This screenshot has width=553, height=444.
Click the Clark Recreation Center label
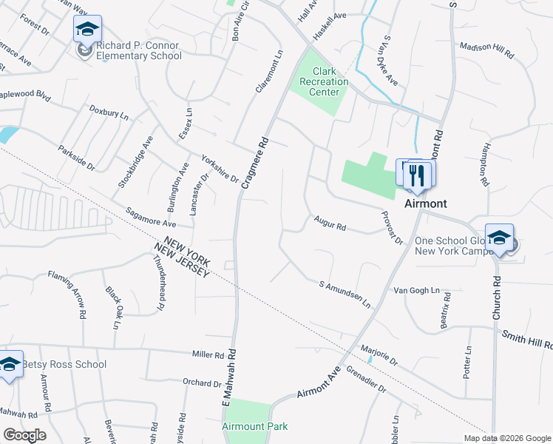coord(319,81)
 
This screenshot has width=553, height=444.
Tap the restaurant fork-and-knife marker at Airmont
coord(418,175)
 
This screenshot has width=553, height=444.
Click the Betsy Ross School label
coord(64,364)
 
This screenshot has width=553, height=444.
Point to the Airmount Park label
coord(254,426)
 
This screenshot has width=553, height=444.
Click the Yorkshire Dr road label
coord(220,169)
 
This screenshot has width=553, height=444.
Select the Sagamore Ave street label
coord(150,217)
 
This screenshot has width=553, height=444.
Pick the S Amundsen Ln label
coord(345,293)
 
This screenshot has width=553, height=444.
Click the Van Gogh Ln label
coord(416,291)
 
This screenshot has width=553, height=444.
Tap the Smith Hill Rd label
coord(526,340)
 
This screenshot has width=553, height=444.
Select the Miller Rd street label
coord(207,355)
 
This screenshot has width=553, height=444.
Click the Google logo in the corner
coord(24,435)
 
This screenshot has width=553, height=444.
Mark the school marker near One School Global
coord(499,238)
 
